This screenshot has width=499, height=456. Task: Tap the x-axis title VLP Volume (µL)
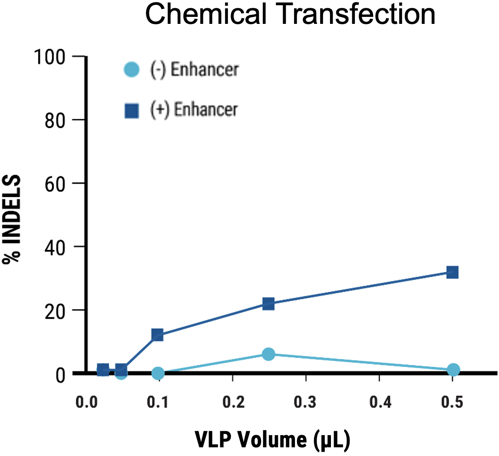point(273,439)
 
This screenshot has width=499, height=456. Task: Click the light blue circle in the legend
point(131,69)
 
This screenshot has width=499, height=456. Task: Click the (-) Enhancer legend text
point(194,69)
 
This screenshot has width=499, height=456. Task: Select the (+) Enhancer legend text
point(194,110)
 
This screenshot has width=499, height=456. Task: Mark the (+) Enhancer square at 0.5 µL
point(452,272)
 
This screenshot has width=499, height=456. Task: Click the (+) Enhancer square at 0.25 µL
point(268,304)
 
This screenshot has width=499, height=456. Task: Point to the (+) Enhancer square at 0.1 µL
point(157,335)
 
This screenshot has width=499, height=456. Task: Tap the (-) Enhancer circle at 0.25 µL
point(268,354)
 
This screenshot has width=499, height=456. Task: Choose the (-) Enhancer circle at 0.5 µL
point(453,370)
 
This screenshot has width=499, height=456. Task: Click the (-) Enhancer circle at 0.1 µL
point(158,373)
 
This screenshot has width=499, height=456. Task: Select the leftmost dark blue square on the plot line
point(103,370)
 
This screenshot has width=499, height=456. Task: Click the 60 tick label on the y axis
point(63,183)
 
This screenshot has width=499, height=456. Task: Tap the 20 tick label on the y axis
point(63,310)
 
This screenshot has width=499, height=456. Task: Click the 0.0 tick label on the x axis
point(86,402)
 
